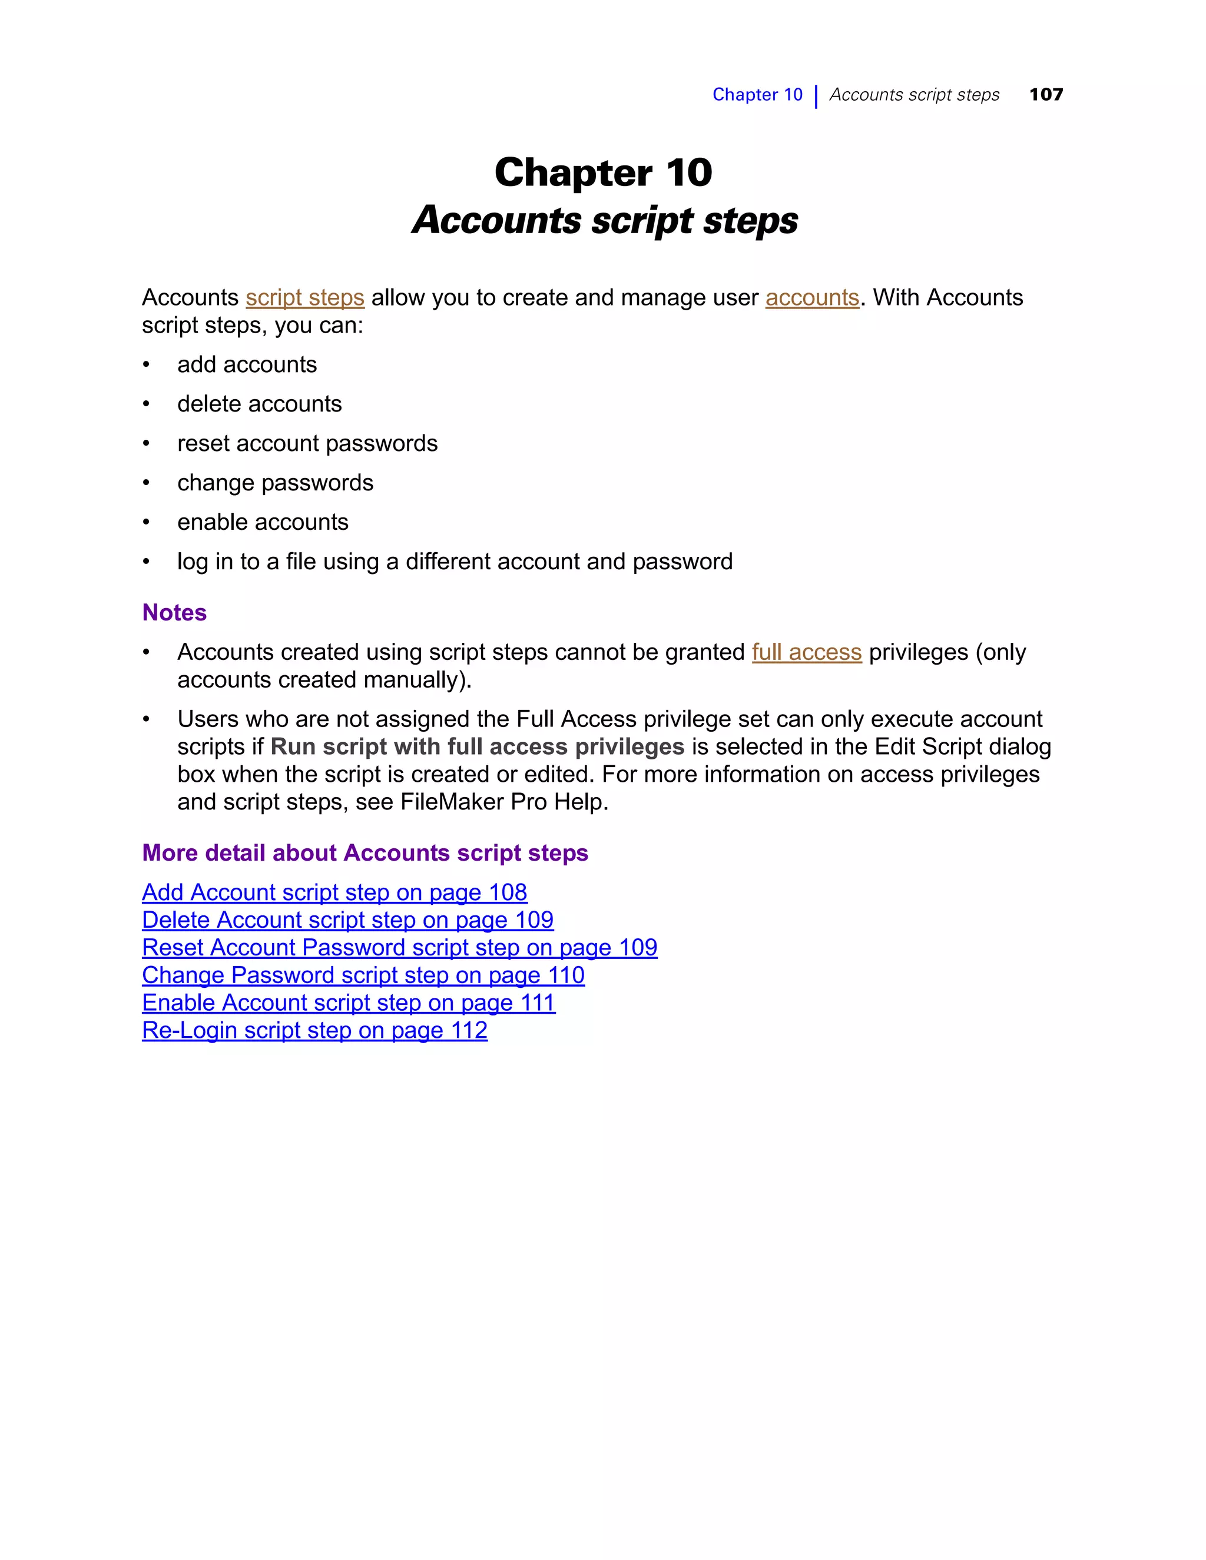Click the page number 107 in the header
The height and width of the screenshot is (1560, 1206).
click(x=1045, y=94)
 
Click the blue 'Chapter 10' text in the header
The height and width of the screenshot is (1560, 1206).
click(x=757, y=94)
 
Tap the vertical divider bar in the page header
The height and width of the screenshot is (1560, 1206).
click(x=816, y=96)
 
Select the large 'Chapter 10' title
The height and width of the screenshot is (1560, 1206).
click(x=603, y=173)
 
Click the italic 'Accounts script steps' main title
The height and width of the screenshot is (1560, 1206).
click(x=604, y=220)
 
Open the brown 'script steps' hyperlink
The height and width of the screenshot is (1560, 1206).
click(x=305, y=297)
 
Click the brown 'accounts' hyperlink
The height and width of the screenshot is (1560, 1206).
click(x=811, y=297)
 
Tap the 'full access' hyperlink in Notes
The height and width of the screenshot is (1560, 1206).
click(x=806, y=652)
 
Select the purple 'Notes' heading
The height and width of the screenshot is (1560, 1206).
click(x=174, y=613)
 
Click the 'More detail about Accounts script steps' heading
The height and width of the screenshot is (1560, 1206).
click(x=365, y=853)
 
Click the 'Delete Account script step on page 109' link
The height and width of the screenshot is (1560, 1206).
click(x=347, y=920)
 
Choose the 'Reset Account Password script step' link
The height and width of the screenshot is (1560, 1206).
click(x=399, y=948)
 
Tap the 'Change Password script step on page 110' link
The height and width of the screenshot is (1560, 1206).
click(x=363, y=975)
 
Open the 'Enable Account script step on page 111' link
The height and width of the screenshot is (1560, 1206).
click(x=349, y=1003)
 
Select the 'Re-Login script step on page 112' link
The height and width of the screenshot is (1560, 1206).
click(x=314, y=1031)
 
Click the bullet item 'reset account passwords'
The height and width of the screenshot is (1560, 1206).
click(x=307, y=444)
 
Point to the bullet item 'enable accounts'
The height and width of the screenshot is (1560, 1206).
click(x=262, y=522)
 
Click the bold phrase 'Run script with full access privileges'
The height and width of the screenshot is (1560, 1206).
click(x=477, y=747)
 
